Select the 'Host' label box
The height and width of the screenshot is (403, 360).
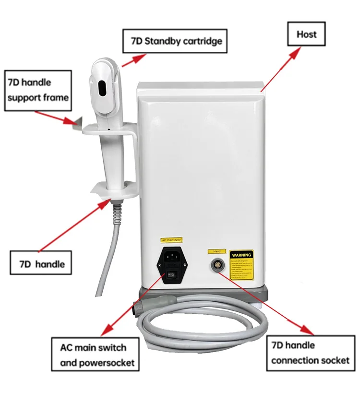coord(306,35)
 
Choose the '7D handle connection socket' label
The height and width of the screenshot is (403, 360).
coord(310,353)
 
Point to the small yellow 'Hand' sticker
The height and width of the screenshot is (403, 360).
coord(216,251)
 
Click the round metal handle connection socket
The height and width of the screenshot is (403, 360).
coord(216,265)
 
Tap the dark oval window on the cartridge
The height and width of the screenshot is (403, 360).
coord(102,88)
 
